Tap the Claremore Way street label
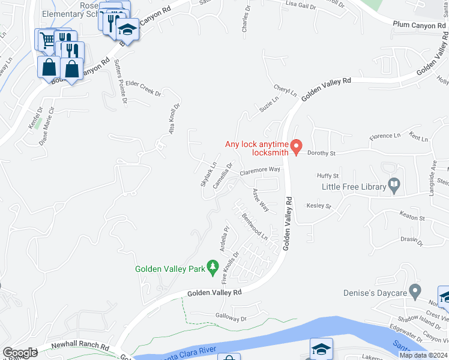point(261,170)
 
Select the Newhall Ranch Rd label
point(79,347)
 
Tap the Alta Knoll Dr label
point(174,119)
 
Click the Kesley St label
point(319,206)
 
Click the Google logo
point(20,353)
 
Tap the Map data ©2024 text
point(423,355)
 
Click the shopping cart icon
point(47,40)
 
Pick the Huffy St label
point(328,176)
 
